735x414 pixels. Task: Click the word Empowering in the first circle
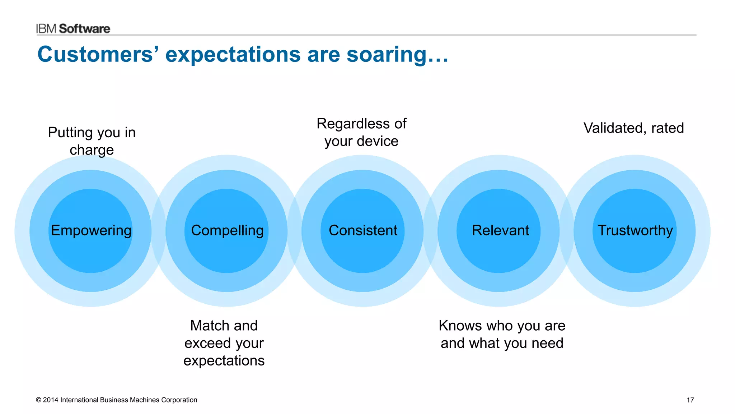click(x=91, y=230)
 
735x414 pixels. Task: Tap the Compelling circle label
click(x=227, y=230)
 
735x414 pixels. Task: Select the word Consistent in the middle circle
click(x=363, y=230)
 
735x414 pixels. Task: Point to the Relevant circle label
click(x=500, y=230)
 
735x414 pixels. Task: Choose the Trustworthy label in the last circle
click(x=635, y=230)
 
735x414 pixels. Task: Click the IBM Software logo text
click(x=73, y=29)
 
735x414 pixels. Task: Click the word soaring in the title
click(x=387, y=55)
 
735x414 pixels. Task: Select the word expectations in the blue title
click(x=233, y=55)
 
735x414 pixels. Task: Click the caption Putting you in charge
click(x=92, y=141)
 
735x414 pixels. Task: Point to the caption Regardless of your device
click(x=361, y=132)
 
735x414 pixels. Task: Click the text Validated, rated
click(x=633, y=128)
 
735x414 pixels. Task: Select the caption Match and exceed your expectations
click(x=224, y=343)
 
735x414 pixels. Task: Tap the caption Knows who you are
click(x=502, y=326)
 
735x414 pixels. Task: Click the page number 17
click(x=690, y=400)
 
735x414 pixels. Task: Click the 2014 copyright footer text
click(x=116, y=400)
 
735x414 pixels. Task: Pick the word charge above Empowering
click(x=92, y=150)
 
